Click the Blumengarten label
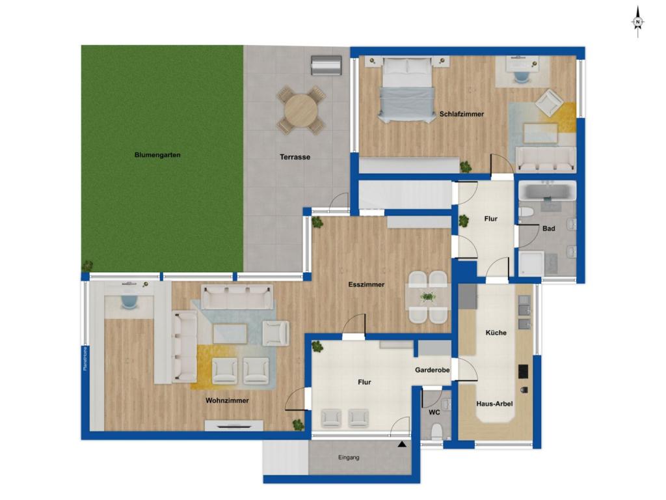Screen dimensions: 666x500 click(x=157, y=155)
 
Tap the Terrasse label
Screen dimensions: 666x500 click(x=295, y=157)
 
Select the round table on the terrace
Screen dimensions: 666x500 click(x=301, y=109)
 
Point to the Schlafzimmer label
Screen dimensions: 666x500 click(x=462, y=114)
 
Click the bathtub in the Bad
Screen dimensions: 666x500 click(x=547, y=191)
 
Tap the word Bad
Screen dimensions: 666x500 click(x=549, y=229)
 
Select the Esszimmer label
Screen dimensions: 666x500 click(x=366, y=285)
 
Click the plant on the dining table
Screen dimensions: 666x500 click(x=427, y=296)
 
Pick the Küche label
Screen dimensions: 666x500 click(x=496, y=333)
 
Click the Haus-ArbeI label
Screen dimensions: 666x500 click(x=494, y=404)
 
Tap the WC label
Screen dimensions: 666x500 click(x=434, y=412)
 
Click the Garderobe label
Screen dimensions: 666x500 click(x=433, y=370)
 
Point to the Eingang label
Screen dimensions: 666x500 click(x=349, y=458)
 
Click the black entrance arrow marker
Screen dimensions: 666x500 click(x=402, y=444)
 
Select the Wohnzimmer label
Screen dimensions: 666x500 click(x=227, y=400)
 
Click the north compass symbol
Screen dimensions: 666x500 click(x=637, y=22)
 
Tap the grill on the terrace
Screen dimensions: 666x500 click(x=326, y=66)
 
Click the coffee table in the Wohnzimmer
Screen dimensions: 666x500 click(x=230, y=334)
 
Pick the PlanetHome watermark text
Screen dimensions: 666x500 click(x=85, y=359)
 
